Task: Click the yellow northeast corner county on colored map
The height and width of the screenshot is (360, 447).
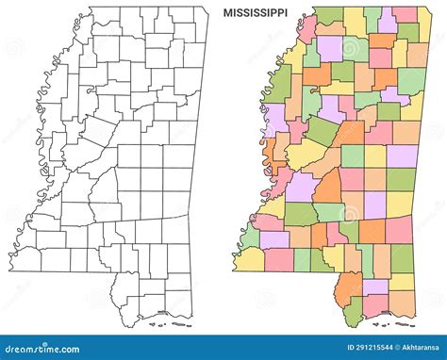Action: (406, 15)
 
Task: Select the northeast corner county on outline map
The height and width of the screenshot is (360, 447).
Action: (193, 15)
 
